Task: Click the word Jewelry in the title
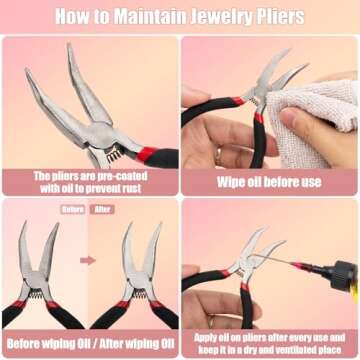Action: pyautogui.click(x=217, y=16)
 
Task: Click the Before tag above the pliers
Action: pyautogui.click(x=73, y=209)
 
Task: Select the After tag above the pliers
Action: pyautogui.click(x=102, y=209)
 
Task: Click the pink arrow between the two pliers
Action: pyautogui.click(x=88, y=260)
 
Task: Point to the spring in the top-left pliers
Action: pyautogui.click(x=114, y=154)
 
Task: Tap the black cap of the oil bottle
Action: pyautogui.click(x=341, y=275)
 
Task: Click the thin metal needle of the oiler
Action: pyautogui.click(x=272, y=259)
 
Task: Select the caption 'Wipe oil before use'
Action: pyautogui.click(x=269, y=182)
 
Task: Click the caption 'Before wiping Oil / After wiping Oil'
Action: pyautogui.click(x=90, y=344)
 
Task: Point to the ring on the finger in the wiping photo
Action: pyautogui.click(x=219, y=156)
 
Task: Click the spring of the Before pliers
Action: pyautogui.click(x=36, y=293)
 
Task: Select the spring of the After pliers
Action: pyautogui.click(x=139, y=293)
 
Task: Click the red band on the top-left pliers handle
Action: pyautogui.click(x=146, y=154)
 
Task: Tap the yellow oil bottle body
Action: pyautogui.click(x=356, y=295)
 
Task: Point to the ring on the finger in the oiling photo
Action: pyautogui.click(x=211, y=322)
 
